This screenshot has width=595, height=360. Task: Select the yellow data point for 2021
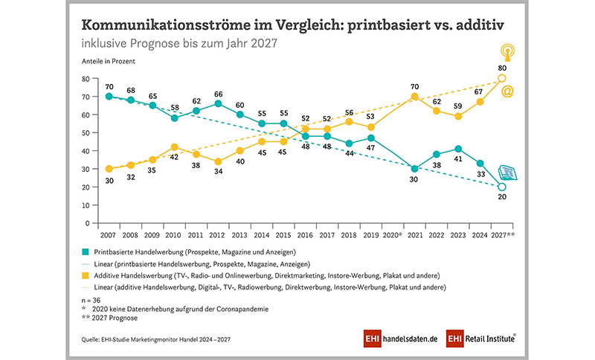point(414,97)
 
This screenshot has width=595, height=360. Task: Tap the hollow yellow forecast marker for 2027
point(502,78)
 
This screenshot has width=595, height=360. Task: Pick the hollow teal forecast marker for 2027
point(502,187)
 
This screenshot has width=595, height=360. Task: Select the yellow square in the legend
point(86,277)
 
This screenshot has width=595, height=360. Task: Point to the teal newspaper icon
point(509,173)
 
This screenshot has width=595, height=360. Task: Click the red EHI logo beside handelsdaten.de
point(373,338)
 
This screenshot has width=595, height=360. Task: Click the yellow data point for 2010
point(174,147)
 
